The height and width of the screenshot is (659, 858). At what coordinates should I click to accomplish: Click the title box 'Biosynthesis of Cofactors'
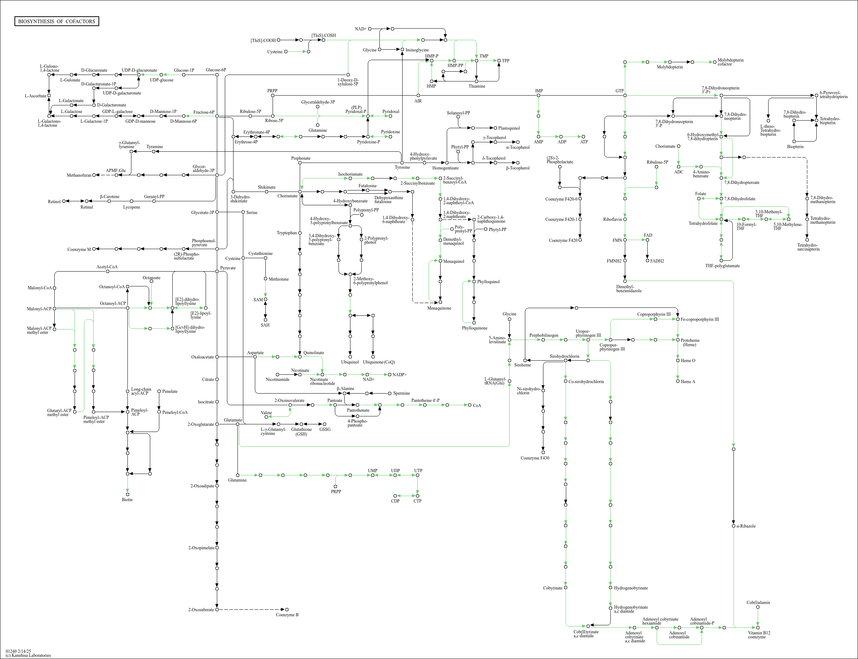point(56,21)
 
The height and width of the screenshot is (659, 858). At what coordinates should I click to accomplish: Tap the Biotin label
point(127,500)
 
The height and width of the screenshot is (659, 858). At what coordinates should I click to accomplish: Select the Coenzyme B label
point(287,615)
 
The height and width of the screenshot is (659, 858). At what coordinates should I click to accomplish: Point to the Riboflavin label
point(612,219)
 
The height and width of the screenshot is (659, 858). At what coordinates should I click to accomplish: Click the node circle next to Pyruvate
point(217,272)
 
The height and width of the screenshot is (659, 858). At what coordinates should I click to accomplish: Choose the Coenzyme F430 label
point(534,458)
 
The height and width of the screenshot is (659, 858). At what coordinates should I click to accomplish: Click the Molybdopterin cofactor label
point(730,62)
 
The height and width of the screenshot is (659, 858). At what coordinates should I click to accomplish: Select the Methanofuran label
point(79,175)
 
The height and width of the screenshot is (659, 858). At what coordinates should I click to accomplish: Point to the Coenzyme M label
point(79,249)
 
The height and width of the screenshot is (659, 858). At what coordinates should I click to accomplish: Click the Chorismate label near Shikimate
point(287,196)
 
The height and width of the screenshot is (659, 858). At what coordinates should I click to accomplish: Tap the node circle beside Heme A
point(678,381)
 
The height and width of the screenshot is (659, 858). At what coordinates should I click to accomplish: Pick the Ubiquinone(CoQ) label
point(379,362)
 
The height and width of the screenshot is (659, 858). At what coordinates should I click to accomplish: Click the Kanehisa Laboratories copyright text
point(28,655)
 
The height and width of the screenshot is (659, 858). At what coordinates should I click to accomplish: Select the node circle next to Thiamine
point(476,81)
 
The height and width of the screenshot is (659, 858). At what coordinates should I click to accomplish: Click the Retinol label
point(54,202)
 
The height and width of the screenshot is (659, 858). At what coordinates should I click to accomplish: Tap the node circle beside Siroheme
point(525,360)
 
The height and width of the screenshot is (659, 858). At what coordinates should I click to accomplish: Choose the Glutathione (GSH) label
point(301,432)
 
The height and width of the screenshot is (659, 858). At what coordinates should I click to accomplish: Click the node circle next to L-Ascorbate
point(49,95)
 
